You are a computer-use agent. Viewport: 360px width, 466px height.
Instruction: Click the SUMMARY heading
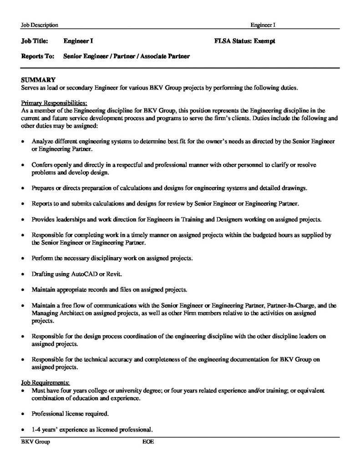click(38, 79)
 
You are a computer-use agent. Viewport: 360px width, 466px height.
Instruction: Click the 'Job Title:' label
click(35, 41)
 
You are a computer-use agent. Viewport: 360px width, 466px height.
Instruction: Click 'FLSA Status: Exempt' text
click(244, 41)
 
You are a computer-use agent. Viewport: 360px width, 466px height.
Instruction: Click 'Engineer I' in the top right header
click(260, 25)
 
